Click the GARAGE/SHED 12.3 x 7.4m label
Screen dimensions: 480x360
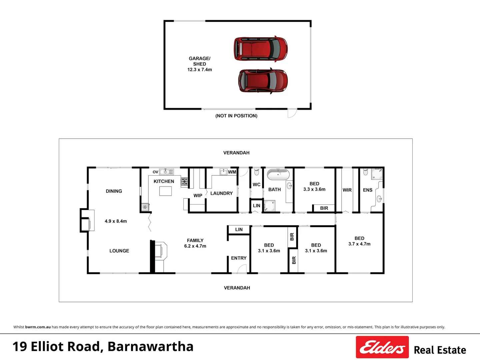pos(199,64)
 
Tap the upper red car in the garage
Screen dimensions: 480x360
pos(261,49)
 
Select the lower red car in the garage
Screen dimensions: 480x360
pos(263,81)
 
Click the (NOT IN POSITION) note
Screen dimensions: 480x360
pos(236,116)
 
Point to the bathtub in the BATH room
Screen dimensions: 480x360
pos(278,174)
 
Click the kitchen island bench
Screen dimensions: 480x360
pos(165,191)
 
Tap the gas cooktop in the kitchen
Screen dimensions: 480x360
pos(184,181)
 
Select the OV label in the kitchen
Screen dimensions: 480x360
pos(155,172)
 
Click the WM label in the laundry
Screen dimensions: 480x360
pos(232,172)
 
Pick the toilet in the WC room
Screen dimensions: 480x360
pos(257,172)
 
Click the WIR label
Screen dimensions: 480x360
pos(347,190)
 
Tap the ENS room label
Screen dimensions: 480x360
pos(368,190)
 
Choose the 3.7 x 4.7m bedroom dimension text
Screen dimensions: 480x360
pos(359,244)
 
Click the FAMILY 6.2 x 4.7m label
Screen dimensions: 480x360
pos(195,243)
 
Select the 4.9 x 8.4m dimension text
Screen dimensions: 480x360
pos(116,221)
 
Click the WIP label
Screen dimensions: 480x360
pos(198,196)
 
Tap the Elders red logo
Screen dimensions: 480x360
pos(382,347)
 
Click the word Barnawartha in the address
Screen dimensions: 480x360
pos(150,347)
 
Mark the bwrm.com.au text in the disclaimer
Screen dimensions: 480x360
pos(38,327)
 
